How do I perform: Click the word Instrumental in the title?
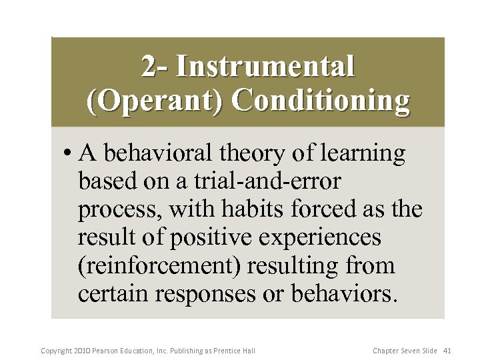tap(265, 67)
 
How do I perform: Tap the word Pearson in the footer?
tap(108, 350)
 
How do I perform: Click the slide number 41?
tap(447, 350)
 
